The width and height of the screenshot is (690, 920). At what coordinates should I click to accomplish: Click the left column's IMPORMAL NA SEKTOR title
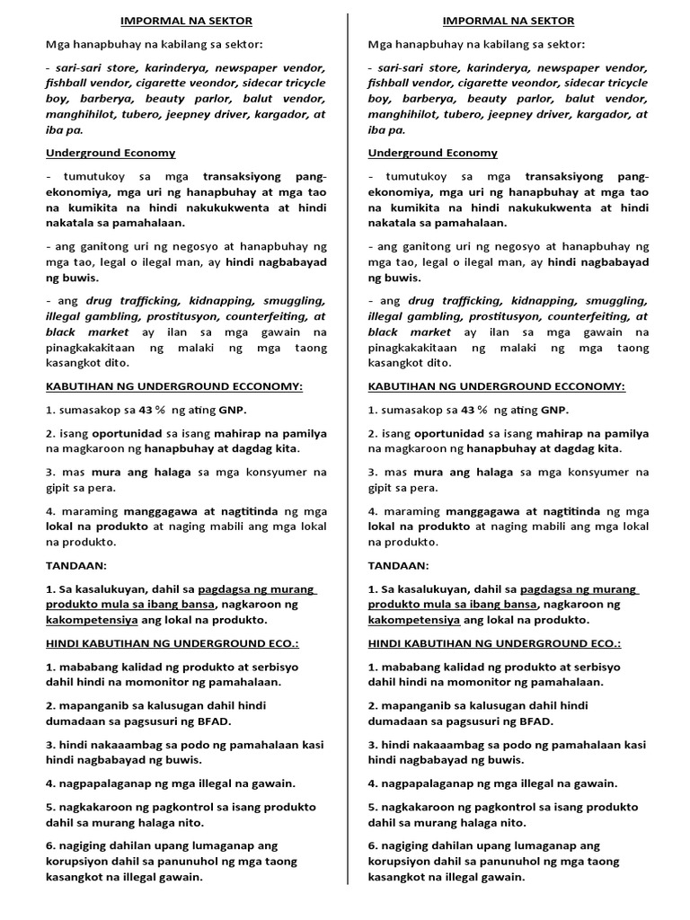point(187,21)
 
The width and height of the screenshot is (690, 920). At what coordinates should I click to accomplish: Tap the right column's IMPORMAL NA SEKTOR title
point(509,21)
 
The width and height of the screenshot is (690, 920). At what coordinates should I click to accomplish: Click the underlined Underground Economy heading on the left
point(109,153)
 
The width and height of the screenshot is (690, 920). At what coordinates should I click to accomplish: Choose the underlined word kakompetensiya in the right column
point(414,620)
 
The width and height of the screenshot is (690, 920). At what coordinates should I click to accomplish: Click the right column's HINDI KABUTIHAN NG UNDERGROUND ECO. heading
point(494,643)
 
